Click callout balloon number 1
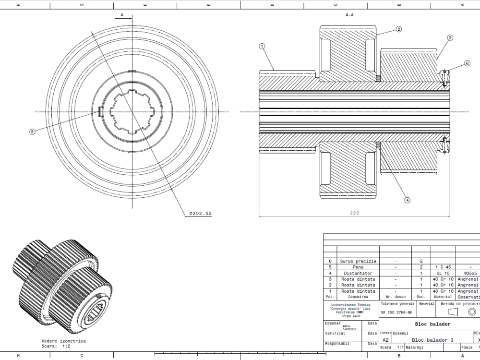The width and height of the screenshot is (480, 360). (262, 47)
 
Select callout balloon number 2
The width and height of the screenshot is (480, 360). (399, 29)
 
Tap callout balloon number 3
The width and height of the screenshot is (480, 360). (450, 37)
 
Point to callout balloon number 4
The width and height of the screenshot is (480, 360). (407, 200)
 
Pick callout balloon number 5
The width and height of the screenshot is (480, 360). (32, 132)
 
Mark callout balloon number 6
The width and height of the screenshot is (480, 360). (467, 63)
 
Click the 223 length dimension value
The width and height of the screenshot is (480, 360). (354, 213)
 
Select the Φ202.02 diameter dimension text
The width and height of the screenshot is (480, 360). (200, 213)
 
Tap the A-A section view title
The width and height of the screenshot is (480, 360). (349, 15)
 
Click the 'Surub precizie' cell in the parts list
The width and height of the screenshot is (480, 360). (358, 261)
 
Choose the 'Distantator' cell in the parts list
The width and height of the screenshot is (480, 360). (358, 273)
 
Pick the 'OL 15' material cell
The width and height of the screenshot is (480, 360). (443, 273)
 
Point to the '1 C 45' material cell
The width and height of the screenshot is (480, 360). (443, 267)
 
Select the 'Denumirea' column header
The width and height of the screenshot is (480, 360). (358, 297)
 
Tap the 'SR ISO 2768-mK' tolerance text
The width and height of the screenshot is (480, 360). (397, 312)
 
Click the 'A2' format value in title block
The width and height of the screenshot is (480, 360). (385, 340)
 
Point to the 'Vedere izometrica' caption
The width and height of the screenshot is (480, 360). (64, 341)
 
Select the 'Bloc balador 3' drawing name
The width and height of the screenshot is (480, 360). (432, 340)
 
